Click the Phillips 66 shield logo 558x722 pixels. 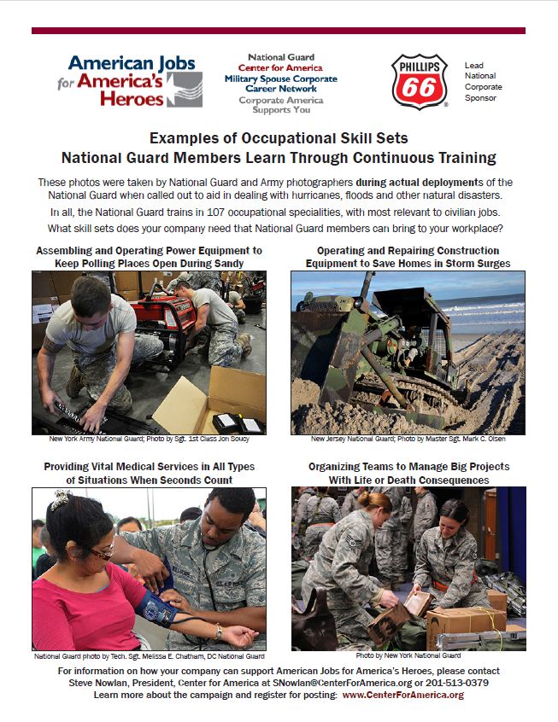coord(419,82)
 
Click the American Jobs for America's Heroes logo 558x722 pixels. coord(135,81)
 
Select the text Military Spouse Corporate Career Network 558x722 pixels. coord(280,84)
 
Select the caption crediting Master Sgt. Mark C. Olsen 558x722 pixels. coord(408,440)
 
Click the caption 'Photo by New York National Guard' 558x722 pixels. coord(408,655)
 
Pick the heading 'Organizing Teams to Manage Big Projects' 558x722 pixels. coord(408,467)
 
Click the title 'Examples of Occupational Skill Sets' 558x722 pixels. coord(279,138)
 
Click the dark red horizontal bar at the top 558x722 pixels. coord(279,31)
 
